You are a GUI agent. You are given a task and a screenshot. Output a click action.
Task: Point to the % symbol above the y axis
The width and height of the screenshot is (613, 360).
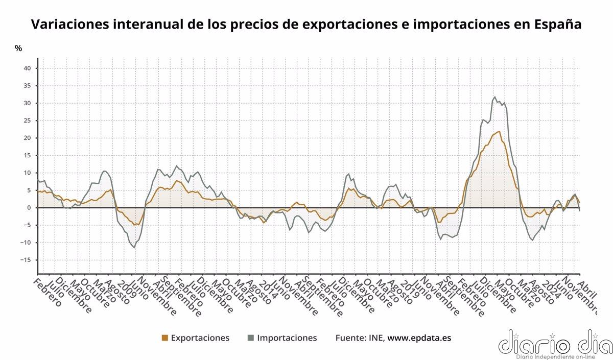[18, 48]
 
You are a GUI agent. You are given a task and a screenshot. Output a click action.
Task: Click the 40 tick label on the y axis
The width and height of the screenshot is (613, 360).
[28, 68]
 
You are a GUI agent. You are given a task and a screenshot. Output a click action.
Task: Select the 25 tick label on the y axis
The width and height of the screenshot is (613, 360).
[28, 121]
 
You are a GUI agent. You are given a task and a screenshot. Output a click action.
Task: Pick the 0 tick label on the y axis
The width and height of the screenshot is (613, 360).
[30, 208]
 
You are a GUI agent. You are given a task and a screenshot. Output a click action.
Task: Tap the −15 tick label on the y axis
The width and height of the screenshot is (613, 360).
[26, 260]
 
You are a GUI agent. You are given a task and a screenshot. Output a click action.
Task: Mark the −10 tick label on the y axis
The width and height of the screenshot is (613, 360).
[26, 243]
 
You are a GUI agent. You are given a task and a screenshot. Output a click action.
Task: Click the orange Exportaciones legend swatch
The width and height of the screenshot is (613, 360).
[164, 338]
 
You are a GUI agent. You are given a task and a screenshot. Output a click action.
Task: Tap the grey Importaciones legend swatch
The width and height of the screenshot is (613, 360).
[250, 338]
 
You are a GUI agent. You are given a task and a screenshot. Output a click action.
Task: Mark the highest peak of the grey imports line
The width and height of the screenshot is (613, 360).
[494, 97]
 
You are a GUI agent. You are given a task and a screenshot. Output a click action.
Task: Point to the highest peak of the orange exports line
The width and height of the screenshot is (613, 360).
[499, 131]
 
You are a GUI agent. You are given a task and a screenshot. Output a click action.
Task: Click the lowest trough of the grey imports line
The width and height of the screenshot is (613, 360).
[135, 248]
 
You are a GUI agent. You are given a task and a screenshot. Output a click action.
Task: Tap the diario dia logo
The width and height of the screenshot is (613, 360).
[554, 344]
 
